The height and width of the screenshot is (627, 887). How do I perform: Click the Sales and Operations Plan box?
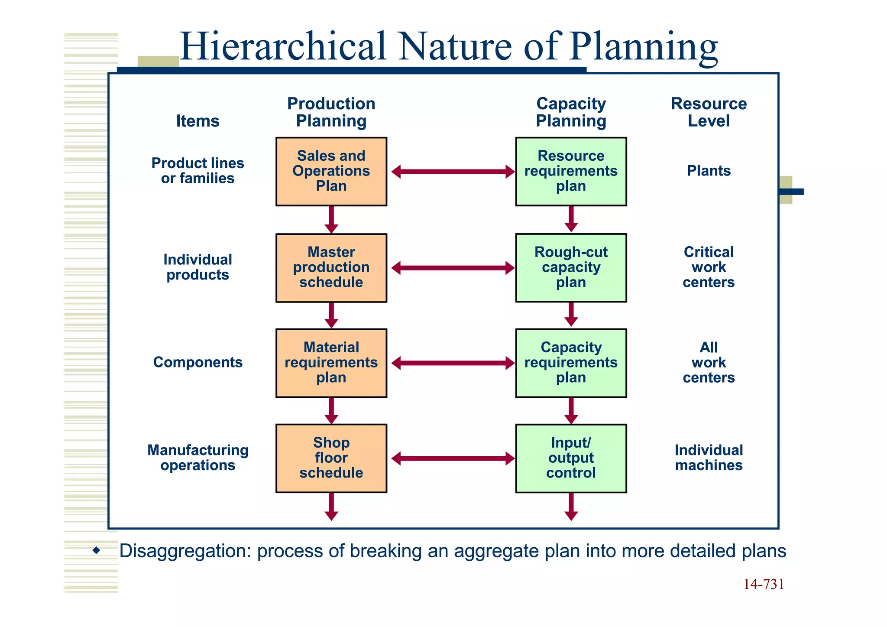click(331, 172)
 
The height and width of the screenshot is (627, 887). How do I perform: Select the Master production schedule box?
click(331, 268)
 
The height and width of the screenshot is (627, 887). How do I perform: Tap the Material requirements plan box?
click(331, 363)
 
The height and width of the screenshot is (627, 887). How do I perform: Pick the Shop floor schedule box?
click(331, 458)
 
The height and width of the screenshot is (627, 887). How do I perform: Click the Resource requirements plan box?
click(571, 172)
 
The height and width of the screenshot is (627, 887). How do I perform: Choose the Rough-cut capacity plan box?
click(571, 268)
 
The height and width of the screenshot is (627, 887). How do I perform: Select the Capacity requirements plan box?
click(571, 363)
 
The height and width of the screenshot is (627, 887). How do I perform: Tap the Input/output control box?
click(571, 458)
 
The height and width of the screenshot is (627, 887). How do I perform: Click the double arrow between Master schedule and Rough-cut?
click(453, 268)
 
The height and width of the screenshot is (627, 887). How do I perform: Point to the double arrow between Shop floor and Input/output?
click(453, 458)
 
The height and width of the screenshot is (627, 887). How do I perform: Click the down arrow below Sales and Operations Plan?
click(331, 220)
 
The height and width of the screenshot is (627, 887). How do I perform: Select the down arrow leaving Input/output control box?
click(571, 507)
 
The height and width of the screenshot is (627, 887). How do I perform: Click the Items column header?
click(197, 121)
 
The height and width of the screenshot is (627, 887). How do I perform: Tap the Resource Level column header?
click(709, 112)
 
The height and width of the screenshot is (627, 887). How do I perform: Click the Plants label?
click(709, 171)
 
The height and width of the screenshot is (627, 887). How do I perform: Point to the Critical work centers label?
click(709, 267)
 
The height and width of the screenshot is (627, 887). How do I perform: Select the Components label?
click(197, 362)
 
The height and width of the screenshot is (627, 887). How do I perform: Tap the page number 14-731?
click(764, 585)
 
